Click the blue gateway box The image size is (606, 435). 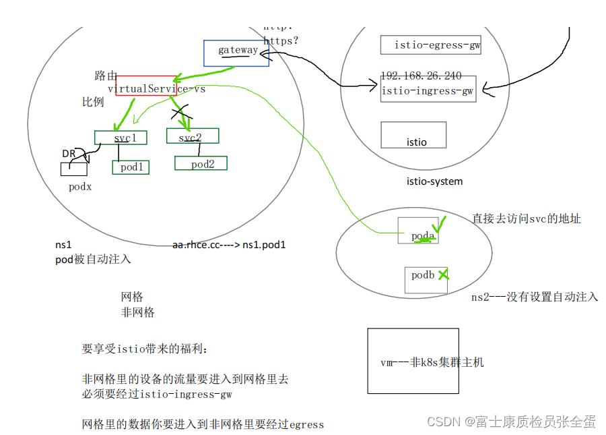(x=236, y=53)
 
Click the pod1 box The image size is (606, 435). (x=131, y=167)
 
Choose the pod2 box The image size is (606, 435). (x=201, y=163)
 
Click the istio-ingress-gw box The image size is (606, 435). (x=428, y=90)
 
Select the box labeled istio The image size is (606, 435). (x=413, y=135)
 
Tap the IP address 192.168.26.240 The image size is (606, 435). (x=421, y=76)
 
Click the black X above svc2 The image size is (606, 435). (x=179, y=111)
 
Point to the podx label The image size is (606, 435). (x=80, y=187)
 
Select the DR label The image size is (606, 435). (x=69, y=154)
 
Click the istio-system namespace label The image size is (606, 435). (x=434, y=181)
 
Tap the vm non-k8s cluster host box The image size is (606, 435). (x=413, y=362)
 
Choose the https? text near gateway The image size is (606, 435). (x=280, y=41)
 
